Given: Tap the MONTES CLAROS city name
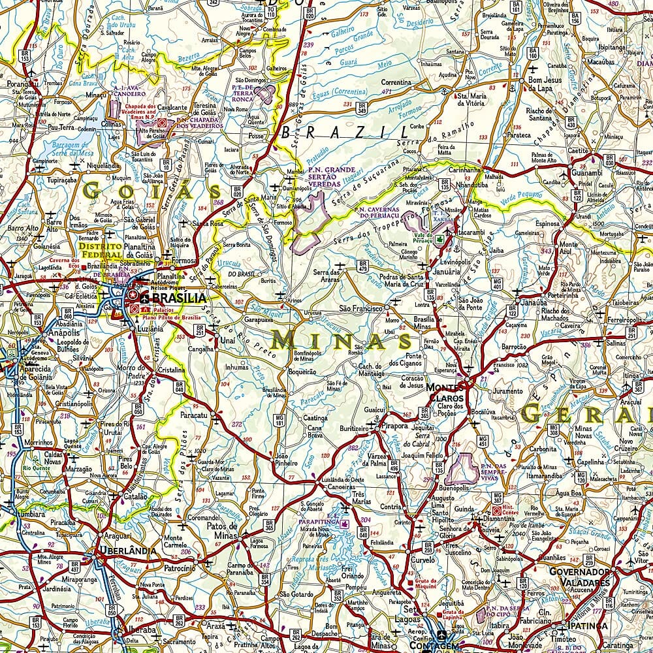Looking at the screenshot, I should (x=445, y=392).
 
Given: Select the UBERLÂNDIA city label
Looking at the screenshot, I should (x=127, y=550).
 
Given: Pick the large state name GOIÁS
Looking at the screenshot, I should (x=151, y=191).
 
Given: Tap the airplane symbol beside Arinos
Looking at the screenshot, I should (x=280, y=296).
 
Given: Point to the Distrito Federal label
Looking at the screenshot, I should (x=99, y=251).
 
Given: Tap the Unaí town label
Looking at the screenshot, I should (x=227, y=340).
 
